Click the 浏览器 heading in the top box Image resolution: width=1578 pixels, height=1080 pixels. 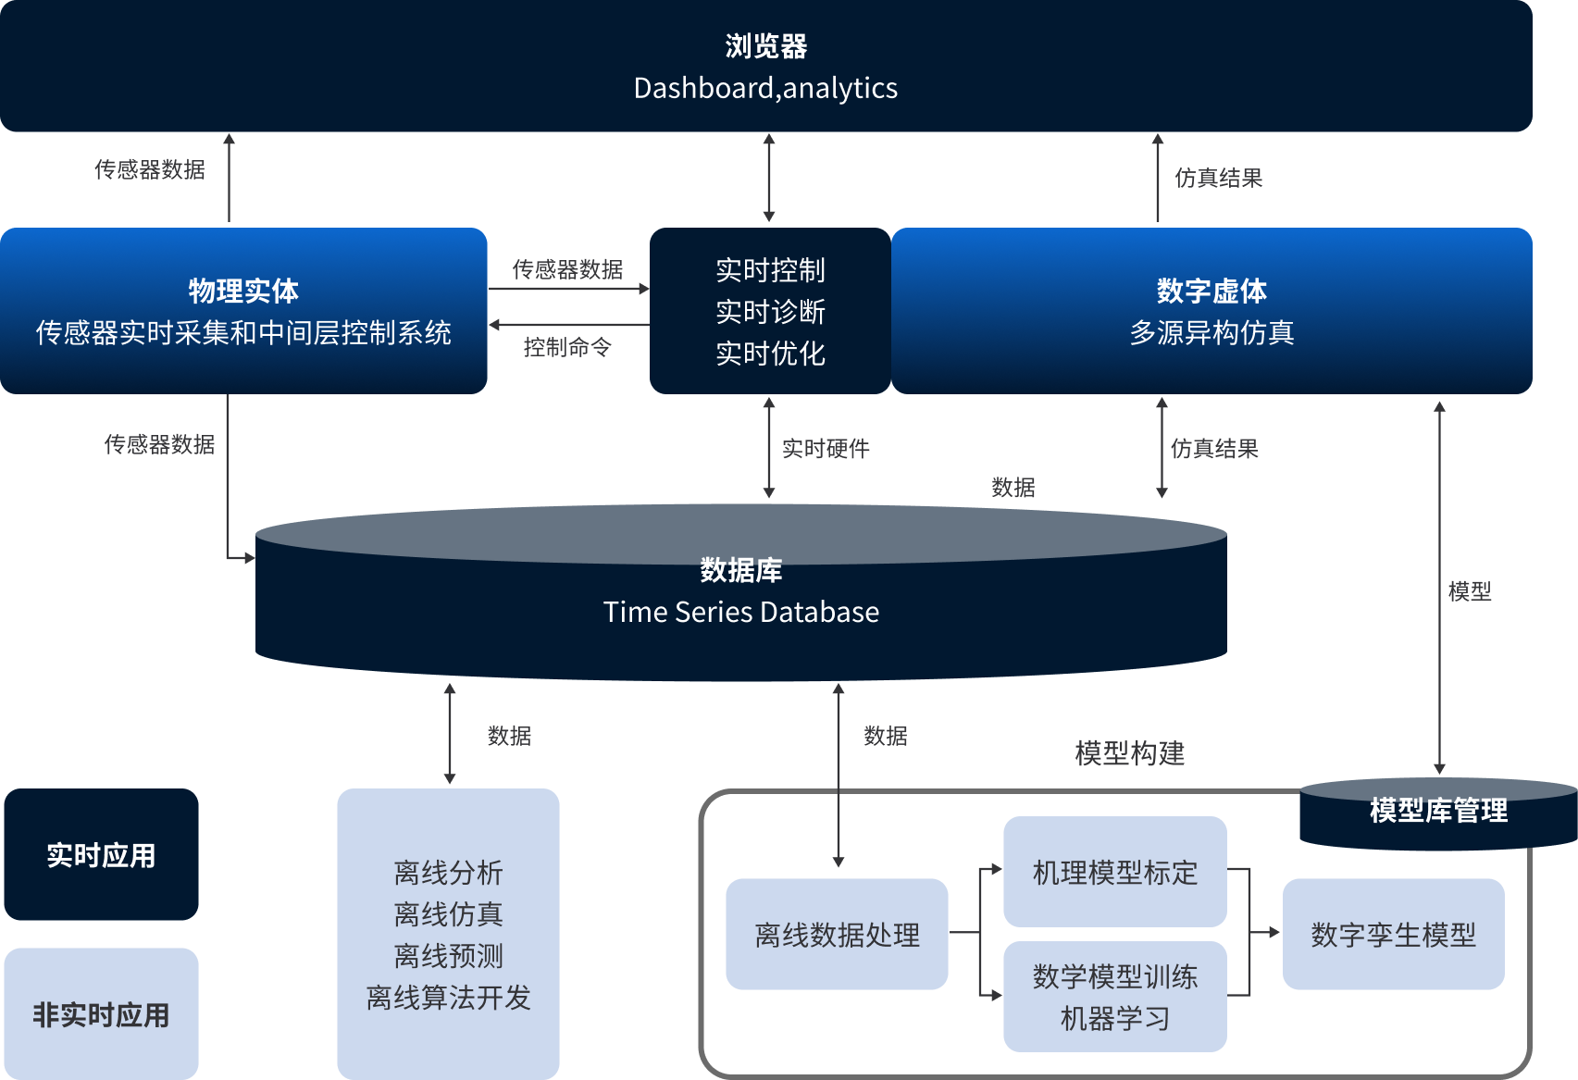tap(765, 46)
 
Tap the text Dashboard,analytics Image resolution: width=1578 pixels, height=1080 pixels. tap(765, 88)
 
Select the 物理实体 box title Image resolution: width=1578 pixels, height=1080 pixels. tap(243, 291)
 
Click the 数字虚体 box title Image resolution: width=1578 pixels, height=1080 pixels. tap(1211, 291)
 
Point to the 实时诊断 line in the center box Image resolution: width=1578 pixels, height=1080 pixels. tap(770, 312)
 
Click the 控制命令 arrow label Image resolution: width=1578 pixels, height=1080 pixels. tap(567, 347)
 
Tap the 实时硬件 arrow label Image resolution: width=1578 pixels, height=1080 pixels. tap(826, 449)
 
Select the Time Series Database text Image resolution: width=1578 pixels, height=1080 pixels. tap(740, 612)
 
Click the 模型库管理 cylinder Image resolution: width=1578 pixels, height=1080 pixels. tap(1438, 812)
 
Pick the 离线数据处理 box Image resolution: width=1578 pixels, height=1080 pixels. tap(837, 935)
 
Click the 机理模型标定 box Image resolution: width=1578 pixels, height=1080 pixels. tap(1114, 872)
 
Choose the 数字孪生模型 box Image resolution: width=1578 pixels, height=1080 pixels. tap(1393, 935)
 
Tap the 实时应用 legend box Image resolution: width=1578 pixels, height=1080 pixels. tap(101, 855)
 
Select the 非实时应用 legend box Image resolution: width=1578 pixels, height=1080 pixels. tap(101, 1014)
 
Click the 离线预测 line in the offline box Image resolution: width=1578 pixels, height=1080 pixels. tap(448, 955)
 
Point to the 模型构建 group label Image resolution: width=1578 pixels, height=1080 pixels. tap(1129, 753)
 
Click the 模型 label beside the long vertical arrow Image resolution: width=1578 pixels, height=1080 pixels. tap(1470, 590)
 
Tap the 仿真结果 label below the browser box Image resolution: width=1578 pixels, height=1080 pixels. tap(1218, 178)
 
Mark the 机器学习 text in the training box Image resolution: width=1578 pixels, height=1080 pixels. tap(1114, 1018)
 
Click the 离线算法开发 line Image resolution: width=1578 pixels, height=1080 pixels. tap(448, 997)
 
